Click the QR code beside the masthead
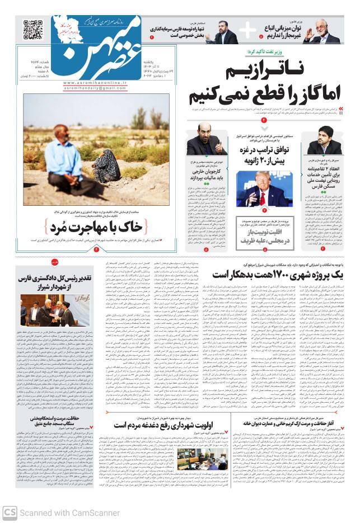tap(32, 30)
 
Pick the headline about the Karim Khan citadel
tap(292, 424)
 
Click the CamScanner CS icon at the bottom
tap(10, 512)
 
